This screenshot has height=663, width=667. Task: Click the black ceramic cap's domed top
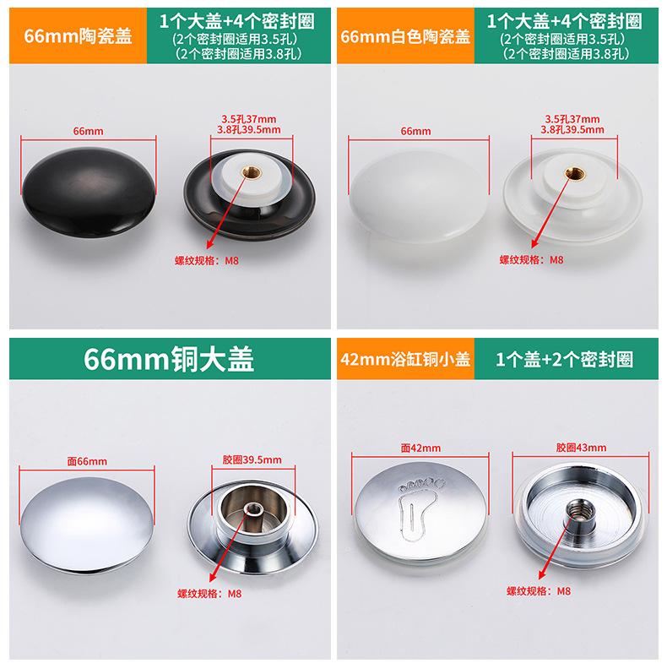point(89,192)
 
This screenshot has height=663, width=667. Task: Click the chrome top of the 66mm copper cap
point(87,524)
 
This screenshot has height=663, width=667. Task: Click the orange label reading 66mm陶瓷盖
point(78,35)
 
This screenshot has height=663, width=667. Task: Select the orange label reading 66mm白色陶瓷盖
point(405,36)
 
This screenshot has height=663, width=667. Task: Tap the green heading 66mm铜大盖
point(169,359)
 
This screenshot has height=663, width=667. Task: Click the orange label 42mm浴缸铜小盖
point(405,360)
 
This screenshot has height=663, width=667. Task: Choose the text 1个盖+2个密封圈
point(564,360)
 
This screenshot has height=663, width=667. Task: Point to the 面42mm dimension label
point(420,448)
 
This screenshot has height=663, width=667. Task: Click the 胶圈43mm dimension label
point(581,448)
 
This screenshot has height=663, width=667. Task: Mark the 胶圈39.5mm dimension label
point(252,459)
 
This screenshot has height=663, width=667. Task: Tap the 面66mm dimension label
point(87,461)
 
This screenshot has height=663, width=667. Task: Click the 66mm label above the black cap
point(88,131)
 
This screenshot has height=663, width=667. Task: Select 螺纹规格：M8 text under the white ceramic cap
point(531,259)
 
